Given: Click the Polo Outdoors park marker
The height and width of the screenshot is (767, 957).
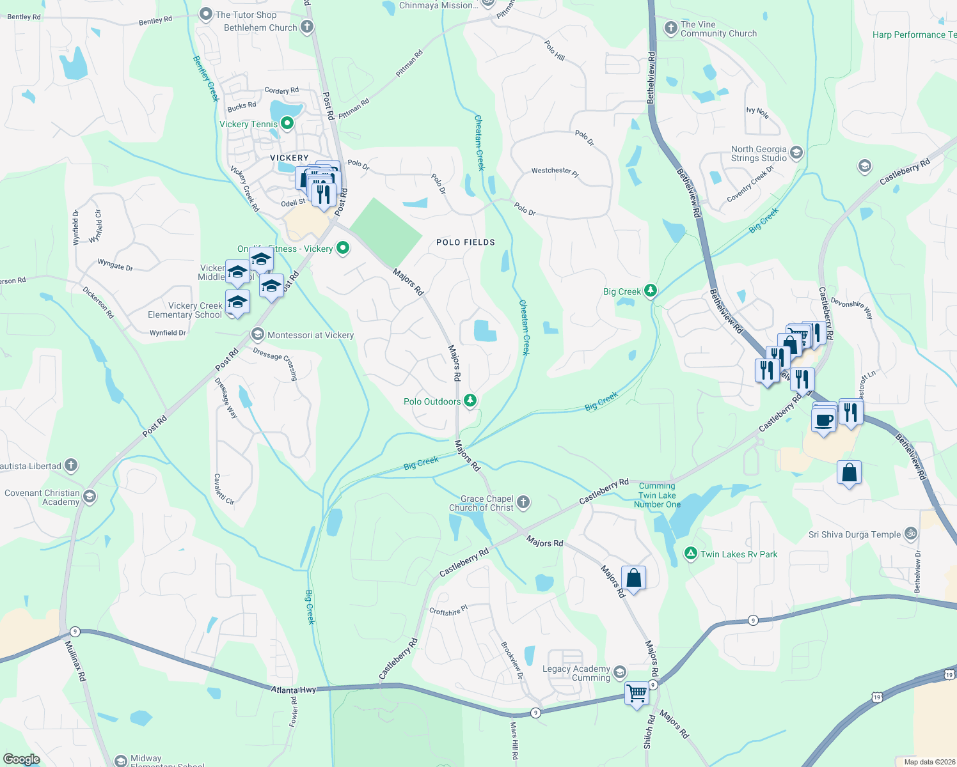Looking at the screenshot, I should click(x=470, y=401).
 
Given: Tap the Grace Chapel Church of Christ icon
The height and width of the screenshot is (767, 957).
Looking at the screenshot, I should click(x=523, y=502).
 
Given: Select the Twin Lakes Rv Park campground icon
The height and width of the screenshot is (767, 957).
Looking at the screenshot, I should click(x=690, y=554).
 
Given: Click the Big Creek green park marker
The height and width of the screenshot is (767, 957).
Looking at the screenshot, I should click(x=651, y=291).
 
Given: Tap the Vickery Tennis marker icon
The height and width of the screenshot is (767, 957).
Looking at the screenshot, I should click(x=287, y=123).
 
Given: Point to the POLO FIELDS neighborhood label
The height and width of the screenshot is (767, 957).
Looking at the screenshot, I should click(x=465, y=242).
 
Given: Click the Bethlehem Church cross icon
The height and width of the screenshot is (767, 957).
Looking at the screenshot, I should click(x=307, y=27).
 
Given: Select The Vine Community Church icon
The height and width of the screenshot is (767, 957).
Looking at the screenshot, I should click(x=670, y=28).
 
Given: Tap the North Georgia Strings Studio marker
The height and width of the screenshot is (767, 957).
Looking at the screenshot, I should click(x=796, y=152).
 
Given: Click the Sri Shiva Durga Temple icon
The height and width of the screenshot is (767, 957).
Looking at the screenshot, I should click(x=910, y=533).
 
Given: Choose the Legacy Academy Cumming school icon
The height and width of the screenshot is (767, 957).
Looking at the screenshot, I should click(x=619, y=672).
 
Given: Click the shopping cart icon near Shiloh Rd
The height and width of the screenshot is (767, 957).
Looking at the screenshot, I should click(x=637, y=693).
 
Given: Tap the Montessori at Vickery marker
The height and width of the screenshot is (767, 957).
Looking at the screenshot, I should click(x=257, y=334).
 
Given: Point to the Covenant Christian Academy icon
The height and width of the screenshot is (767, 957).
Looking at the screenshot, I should click(x=90, y=497).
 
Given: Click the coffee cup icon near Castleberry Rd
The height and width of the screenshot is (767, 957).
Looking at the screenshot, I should click(x=823, y=421).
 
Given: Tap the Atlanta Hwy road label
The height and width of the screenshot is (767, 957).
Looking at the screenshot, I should click(x=293, y=690).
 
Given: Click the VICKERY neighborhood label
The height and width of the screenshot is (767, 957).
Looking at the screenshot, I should click(x=289, y=158).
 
